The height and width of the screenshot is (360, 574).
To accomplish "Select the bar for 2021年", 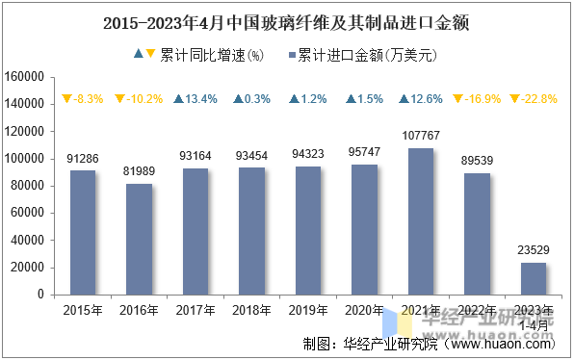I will (x=421, y=221).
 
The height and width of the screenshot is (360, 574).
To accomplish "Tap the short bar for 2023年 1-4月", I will (x=534, y=278).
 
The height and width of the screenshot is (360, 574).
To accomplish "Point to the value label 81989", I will (x=139, y=171).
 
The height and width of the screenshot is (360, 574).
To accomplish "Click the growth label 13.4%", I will (x=196, y=98).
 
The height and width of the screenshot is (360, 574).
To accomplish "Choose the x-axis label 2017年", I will (x=196, y=310).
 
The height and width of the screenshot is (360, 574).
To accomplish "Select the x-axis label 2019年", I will (x=308, y=310).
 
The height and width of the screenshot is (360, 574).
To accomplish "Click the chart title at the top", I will (x=286, y=20).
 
